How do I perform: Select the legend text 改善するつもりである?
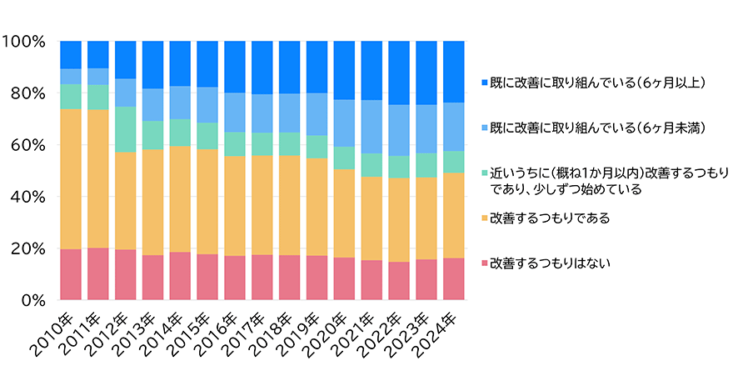[x=551, y=218]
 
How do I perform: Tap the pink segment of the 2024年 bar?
[x=453, y=278]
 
